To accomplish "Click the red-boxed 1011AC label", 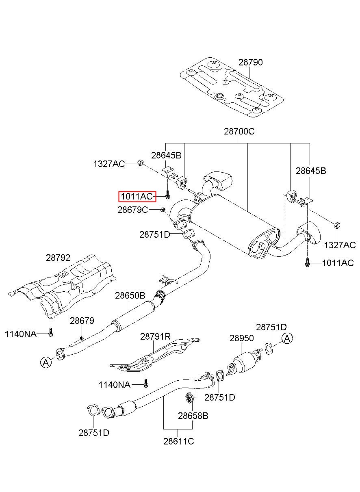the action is pyautogui.click(x=137, y=196).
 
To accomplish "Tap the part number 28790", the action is pyautogui.click(x=250, y=63).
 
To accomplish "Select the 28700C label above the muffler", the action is pyautogui.click(x=239, y=132).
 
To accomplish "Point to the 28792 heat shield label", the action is pyautogui.click(x=58, y=258).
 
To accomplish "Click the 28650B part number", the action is pyautogui.click(x=130, y=296).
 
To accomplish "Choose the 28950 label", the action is pyautogui.click(x=242, y=338).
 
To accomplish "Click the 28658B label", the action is pyautogui.click(x=193, y=416).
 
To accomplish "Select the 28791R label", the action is pyautogui.click(x=155, y=336).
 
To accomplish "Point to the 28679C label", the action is pyautogui.click(x=133, y=210).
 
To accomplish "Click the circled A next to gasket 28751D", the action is pyautogui.click(x=287, y=338).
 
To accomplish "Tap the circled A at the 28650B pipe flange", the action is pyautogui.click(x=46, y=362).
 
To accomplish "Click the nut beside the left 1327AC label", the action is pyautogui.click(x=140, y=163).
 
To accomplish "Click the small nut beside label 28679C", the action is pyautogui.click(x=163, y=210).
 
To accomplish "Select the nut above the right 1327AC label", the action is pyautogui.click(x=337, y=225).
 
